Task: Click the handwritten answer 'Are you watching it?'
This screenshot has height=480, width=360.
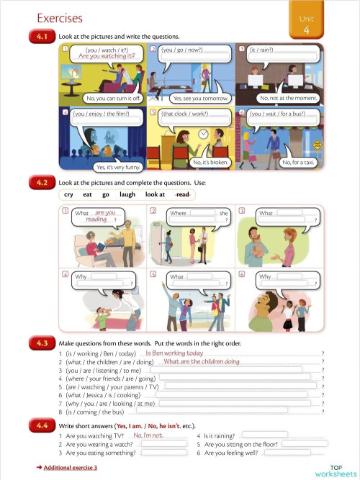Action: point(107,55)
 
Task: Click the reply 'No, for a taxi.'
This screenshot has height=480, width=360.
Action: point(295,163)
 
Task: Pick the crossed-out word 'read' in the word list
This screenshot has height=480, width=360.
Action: point(183,195)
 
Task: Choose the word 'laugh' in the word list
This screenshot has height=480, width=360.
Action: point(127,195)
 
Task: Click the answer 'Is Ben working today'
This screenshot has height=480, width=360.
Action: point(174,353)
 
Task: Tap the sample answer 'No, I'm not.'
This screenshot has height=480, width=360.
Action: point(149,435)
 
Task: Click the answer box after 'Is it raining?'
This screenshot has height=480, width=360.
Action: point(264,435)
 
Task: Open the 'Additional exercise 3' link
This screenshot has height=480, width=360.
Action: point(70,468)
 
